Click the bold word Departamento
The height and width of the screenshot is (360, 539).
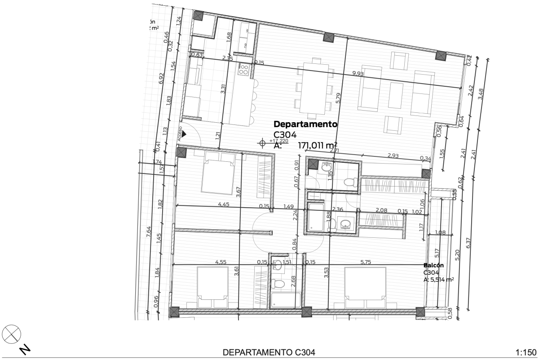point(305,124)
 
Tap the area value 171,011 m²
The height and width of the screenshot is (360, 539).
point(318,145)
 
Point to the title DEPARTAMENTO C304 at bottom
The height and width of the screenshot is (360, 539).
point(269,351)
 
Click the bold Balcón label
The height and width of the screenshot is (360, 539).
point(433,265)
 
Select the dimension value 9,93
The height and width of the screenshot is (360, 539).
point(358,74)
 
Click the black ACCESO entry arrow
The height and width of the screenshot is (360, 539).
point(183,133)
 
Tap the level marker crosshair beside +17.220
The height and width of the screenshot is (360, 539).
point(262,143)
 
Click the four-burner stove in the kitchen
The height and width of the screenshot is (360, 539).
point(244,69)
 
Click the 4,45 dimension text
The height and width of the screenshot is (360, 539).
point(223,204)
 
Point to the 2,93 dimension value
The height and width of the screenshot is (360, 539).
point(393,156)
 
